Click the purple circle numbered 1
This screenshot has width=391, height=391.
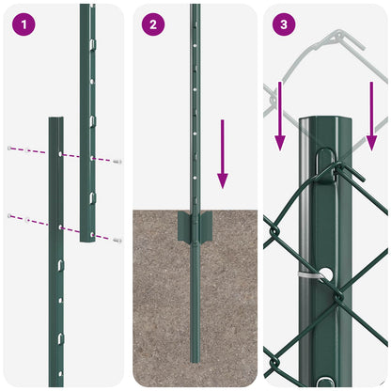[22, 23]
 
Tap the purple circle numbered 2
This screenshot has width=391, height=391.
[152, 23]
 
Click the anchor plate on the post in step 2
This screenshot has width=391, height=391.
[195, 225]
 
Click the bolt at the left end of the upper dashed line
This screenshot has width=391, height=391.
[9, 147]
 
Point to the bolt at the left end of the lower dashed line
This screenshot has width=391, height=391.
[10, 216]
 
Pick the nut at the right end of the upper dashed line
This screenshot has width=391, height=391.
[117, 162]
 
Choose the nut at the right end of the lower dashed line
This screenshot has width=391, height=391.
[117, 241]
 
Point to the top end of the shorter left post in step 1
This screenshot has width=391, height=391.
[55, 120]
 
